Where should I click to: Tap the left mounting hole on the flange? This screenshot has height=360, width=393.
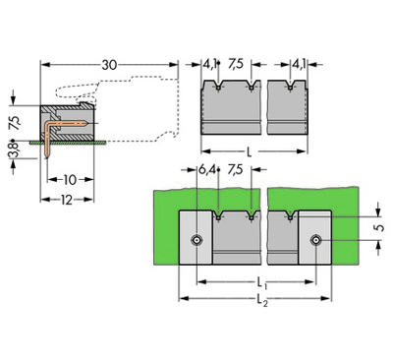(197, 241)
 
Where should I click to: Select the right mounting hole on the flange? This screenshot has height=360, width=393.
(316, 241)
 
